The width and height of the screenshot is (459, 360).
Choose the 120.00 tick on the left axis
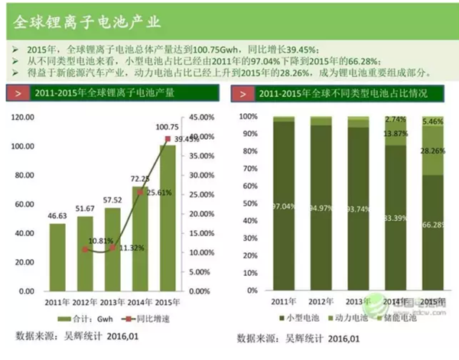pos(25,117)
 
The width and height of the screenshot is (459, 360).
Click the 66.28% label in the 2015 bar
pos(432,224)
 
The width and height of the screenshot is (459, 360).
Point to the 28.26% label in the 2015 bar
pos(433,151)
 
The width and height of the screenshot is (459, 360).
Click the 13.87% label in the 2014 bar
pos(396,133)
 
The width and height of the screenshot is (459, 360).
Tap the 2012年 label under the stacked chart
pos(321,302)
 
